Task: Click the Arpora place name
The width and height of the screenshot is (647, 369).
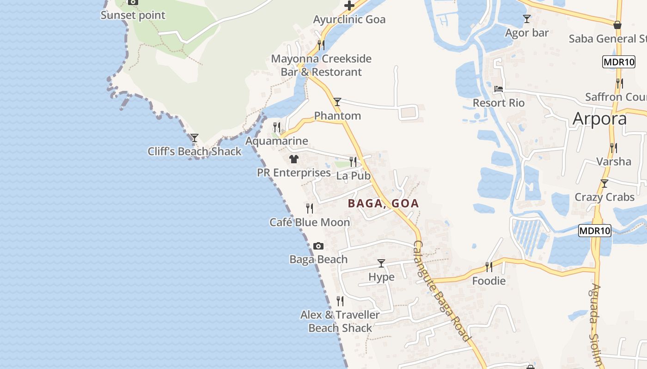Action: click(x=599, y=119)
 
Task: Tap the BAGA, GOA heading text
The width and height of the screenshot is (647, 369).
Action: click(x=383, y=203)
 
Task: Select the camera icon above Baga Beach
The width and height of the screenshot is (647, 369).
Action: click(x=318, y=246)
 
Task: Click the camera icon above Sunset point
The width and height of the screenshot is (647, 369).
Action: click(x=133, y=2)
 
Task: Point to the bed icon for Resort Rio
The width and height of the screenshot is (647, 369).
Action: click(x=498, y=89)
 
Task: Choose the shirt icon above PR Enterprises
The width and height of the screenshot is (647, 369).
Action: click(x=293, y=159)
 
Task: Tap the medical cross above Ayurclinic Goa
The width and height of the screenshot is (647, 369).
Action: click(x=349, y=6)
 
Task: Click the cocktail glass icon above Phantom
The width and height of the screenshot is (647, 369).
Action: click(x=337, y=102)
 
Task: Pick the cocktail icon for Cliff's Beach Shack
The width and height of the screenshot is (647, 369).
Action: click(x=194, y=138)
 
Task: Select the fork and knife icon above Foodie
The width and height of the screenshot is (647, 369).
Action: click(x=488, y=267)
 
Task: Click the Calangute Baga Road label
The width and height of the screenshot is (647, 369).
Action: click(x=442, y=291)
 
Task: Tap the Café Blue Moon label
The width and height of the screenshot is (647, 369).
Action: click(x=310, y=222)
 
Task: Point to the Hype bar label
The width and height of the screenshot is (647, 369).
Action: click(x=381, y=277)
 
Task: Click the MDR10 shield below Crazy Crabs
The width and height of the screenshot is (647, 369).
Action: click(x=594, y=230)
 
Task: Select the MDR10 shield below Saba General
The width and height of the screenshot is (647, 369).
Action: click(x=618, y=62)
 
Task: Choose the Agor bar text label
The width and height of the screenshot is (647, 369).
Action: click(x=526, y=33)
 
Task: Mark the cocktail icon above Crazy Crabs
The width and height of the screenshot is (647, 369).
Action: click(x=604, y=184)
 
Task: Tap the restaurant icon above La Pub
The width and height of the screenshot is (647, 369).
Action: click(x=353, y=161)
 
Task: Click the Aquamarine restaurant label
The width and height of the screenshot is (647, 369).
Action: click(x=276, y=141)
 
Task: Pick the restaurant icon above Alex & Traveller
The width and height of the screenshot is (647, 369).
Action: click(x=340, y=301)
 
